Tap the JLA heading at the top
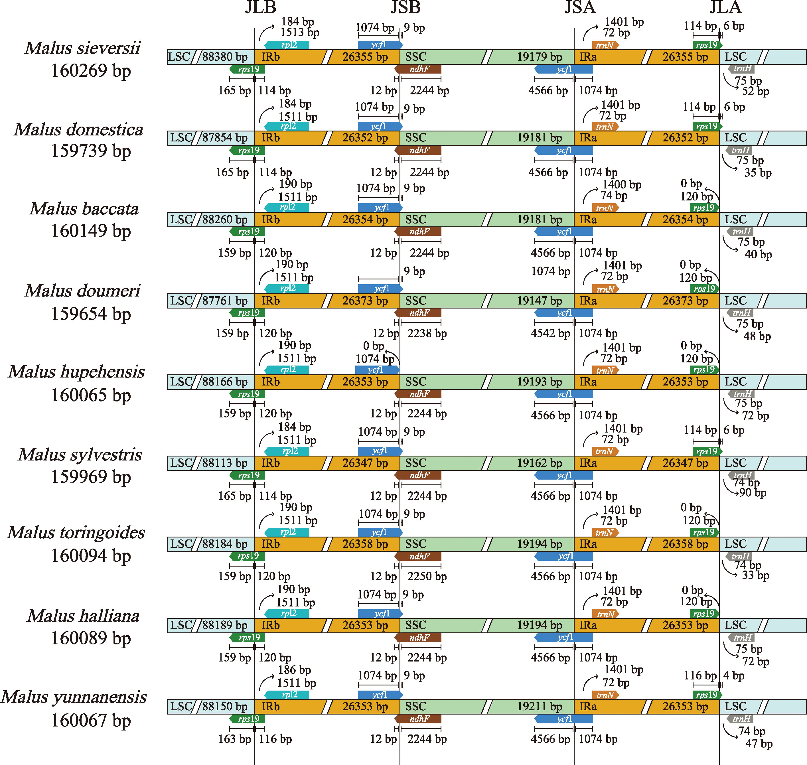click(725, 7)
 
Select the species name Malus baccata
click(84, 209)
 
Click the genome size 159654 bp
click(90, 314)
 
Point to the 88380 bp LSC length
click(225, 57)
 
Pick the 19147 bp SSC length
click(540, 301)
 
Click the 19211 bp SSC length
click(540, 707)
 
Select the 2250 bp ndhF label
click(427, 577)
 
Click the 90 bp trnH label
click(753, 493)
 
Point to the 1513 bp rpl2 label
click(299, 33)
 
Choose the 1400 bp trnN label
click(622, 185)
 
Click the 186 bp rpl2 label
click(294, 670)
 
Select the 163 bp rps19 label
click(234, 739)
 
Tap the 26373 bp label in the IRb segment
click(365, 301)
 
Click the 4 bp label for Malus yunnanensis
click(734, 676)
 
